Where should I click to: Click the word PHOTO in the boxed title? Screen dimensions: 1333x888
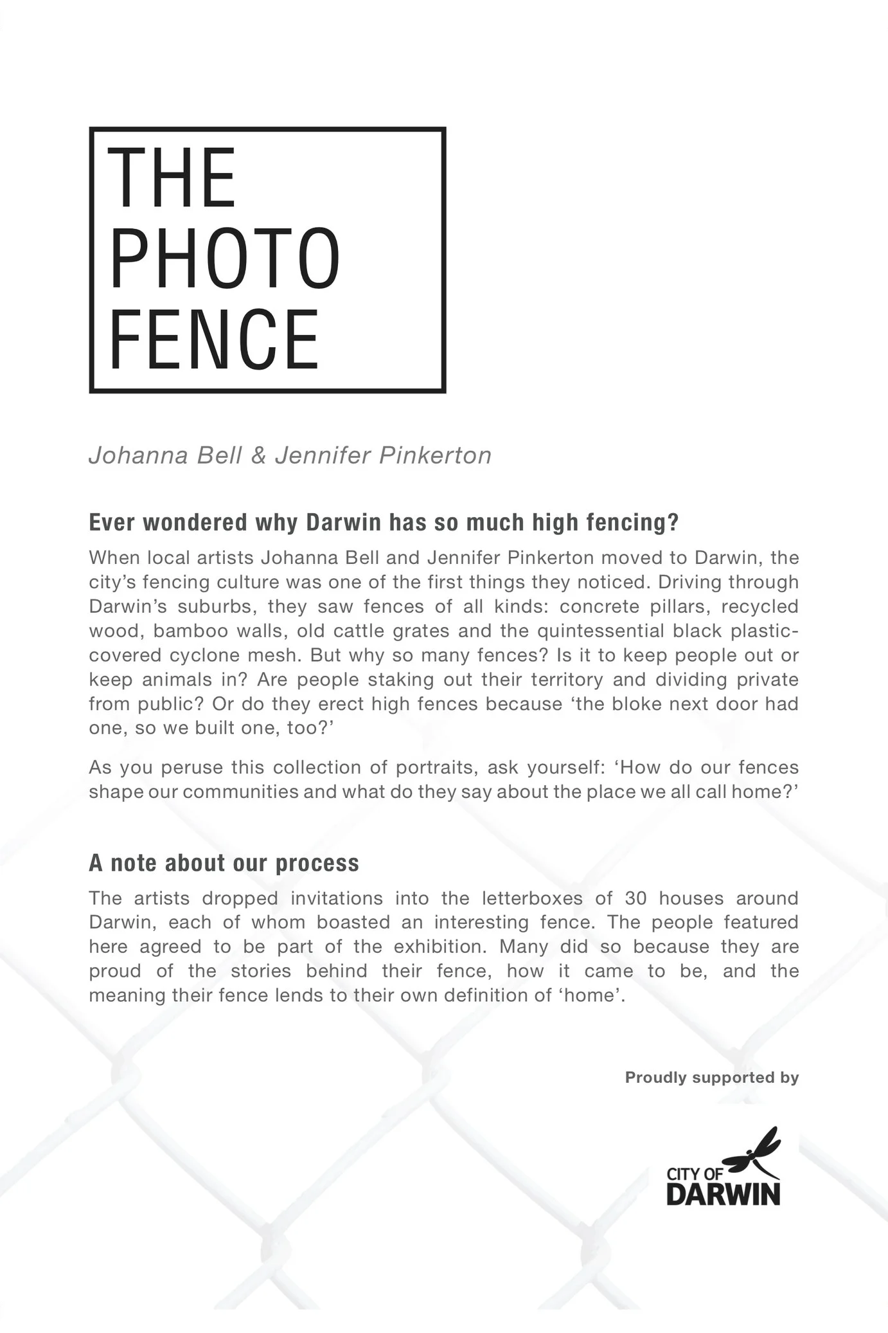225,258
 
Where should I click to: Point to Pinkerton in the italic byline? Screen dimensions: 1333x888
435,455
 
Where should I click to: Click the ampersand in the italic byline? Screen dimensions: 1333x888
258,455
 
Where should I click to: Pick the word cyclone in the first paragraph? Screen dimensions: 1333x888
204,655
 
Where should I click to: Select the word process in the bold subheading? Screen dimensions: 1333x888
317,863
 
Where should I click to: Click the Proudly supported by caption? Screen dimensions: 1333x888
711,1077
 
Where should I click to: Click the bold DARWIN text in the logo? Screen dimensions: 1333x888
723,1193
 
